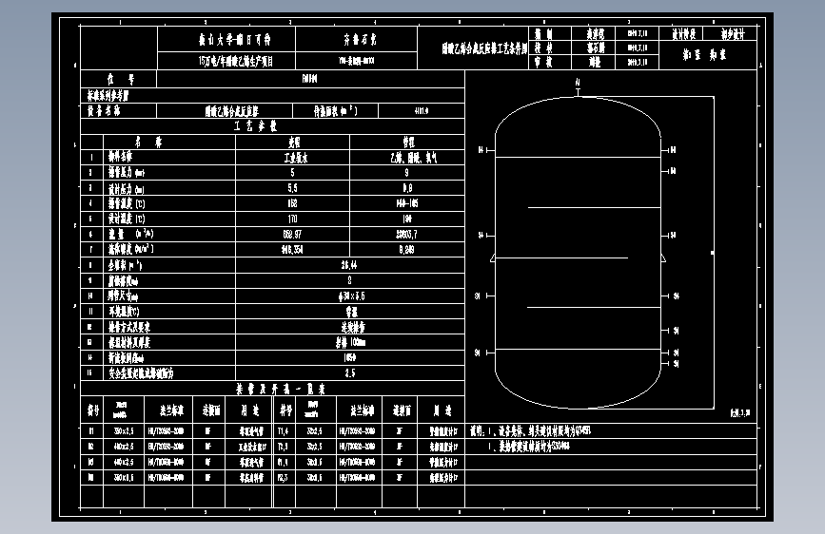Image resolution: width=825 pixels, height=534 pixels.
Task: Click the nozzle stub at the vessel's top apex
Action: pyautogui.click(x=577, y=89)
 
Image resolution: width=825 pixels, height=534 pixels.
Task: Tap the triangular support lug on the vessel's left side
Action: pyautogui.click(x=488, y=257)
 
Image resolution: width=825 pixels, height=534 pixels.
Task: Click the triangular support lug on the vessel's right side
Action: pyautogui.click(x=666, y=257)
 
